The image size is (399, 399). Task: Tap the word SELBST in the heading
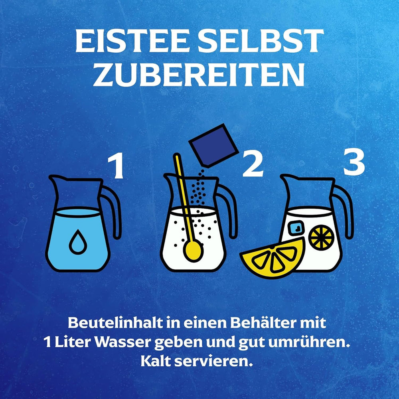pyautogui.click(x=262, y=41)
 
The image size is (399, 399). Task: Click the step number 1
pyautogui.click(x=116, y=167)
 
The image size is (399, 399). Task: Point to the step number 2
pyautogui.click(x=253, y=165)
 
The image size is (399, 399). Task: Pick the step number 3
pyautogui.click(x=354, y=162)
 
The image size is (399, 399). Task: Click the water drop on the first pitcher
pyautogui.click(x=78, y=242)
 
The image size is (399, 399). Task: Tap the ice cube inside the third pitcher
pyautogui.click(x=296, y=228)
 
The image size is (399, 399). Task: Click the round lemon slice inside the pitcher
pyautogui.click(x=321, y=237)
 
